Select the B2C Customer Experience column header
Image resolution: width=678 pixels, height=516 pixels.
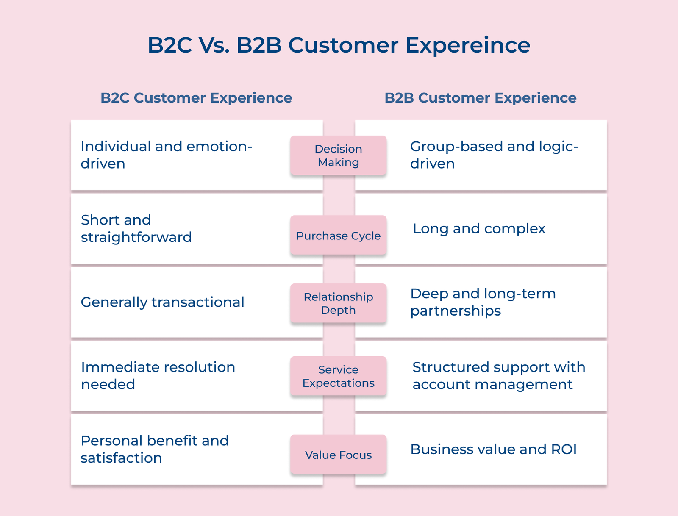click(196, 98)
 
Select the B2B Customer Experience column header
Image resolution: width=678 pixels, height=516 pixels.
click(480, 98)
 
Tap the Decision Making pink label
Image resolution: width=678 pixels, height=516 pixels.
click(338, 155)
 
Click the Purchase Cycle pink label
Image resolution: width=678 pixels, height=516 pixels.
click(338, 236)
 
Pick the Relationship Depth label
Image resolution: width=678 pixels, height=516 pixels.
click(338, 303)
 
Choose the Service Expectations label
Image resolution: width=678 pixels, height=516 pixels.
click(338, 376)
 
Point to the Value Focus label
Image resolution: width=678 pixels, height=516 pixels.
click(338, 455)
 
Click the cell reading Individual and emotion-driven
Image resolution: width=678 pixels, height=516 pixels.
click(166, 155)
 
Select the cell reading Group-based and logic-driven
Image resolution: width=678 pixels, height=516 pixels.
click(494, 155)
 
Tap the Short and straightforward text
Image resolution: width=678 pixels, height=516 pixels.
click(136, 228)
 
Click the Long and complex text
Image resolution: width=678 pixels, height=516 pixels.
click(479, 229)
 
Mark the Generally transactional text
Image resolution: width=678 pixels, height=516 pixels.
click(162, 302)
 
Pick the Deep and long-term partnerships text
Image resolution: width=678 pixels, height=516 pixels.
click(483, 302)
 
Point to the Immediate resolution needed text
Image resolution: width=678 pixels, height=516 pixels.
click(158, 375)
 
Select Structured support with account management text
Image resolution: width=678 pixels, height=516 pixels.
click(498, 375)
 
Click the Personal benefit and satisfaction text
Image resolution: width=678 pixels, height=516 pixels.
click(154, 449)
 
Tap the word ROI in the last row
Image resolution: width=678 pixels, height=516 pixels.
click(564, 449)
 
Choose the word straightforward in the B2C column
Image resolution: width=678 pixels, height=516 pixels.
click(136, 237)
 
